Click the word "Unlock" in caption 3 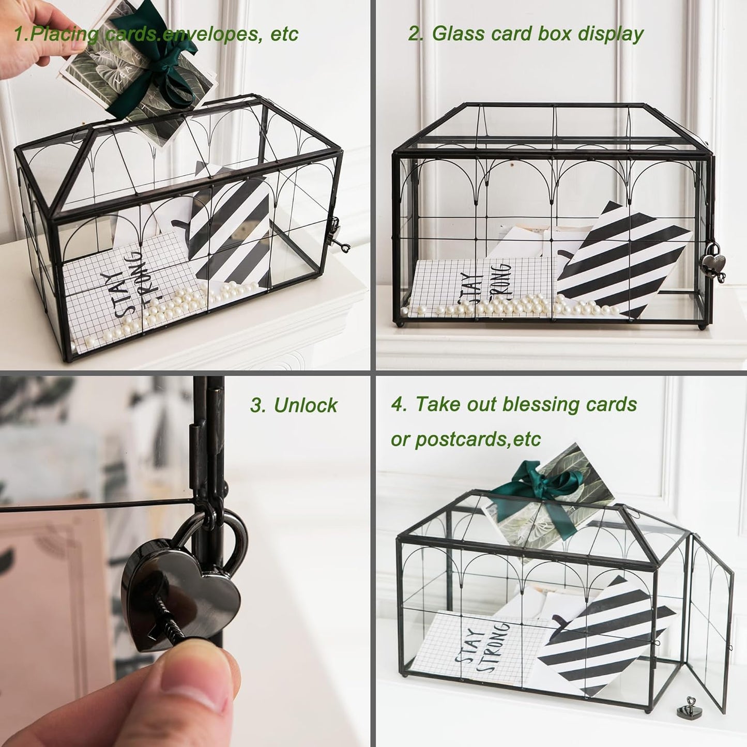point(306,405)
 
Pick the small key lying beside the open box point(685,706)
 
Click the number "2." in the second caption point(416,34)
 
